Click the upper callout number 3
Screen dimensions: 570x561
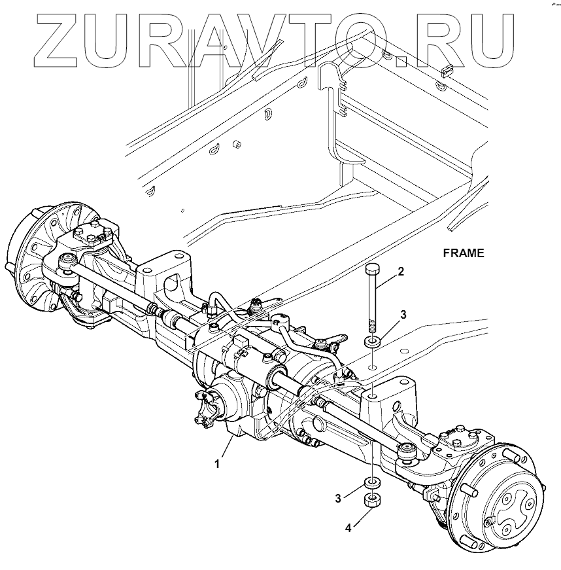403,315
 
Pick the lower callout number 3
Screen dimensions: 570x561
339,498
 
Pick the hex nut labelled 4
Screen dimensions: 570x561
372,503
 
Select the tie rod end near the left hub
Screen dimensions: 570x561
66,263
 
